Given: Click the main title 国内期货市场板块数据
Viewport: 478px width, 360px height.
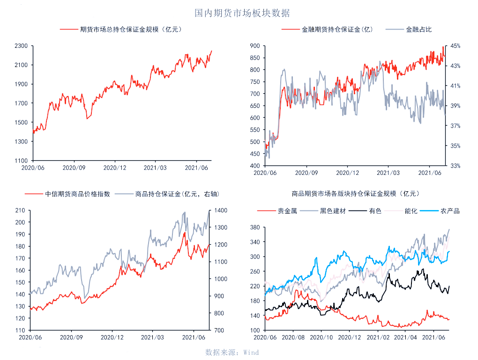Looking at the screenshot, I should pos(242,13).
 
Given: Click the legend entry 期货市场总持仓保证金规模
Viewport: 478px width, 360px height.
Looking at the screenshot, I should pos(130,30).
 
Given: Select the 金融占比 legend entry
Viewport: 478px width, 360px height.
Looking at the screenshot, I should pos(418,30).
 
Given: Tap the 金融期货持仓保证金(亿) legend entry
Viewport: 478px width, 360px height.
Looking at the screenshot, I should pos(336,30).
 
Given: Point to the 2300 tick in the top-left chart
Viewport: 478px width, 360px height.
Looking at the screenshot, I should pos(22,46).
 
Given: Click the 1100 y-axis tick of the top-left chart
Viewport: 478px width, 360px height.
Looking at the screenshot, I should pos(22,160).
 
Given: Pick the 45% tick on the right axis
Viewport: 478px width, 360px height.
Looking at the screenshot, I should pos(455,46).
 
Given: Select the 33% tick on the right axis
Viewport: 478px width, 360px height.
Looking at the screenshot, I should pos(455,166).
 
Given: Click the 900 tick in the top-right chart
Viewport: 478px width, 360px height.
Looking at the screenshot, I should pos(254,46).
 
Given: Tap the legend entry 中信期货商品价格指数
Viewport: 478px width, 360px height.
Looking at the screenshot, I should pos(77,194).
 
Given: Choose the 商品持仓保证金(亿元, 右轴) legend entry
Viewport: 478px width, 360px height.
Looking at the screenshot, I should pos(177,194).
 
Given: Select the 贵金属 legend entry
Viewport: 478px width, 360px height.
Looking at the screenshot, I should pos(287,211).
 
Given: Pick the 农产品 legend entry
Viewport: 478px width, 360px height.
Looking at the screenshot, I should pos(450,211).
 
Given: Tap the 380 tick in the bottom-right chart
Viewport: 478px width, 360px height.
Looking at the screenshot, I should pos(254,228).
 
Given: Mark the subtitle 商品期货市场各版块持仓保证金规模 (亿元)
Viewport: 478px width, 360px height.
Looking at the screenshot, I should pos(355,194).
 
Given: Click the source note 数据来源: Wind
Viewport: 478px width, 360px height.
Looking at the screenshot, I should pos(232,352).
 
